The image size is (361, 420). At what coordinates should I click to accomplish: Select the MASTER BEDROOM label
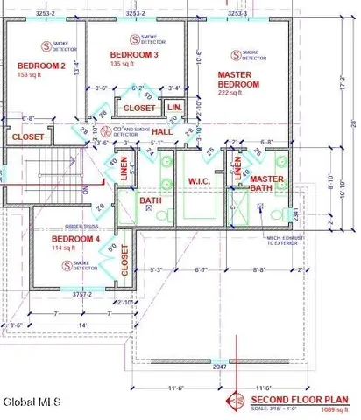click(x=238, y=80)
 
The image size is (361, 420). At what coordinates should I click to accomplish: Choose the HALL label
click(x=163, y=131)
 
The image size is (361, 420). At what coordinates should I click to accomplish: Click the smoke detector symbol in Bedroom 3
click(x=133, y=38)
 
